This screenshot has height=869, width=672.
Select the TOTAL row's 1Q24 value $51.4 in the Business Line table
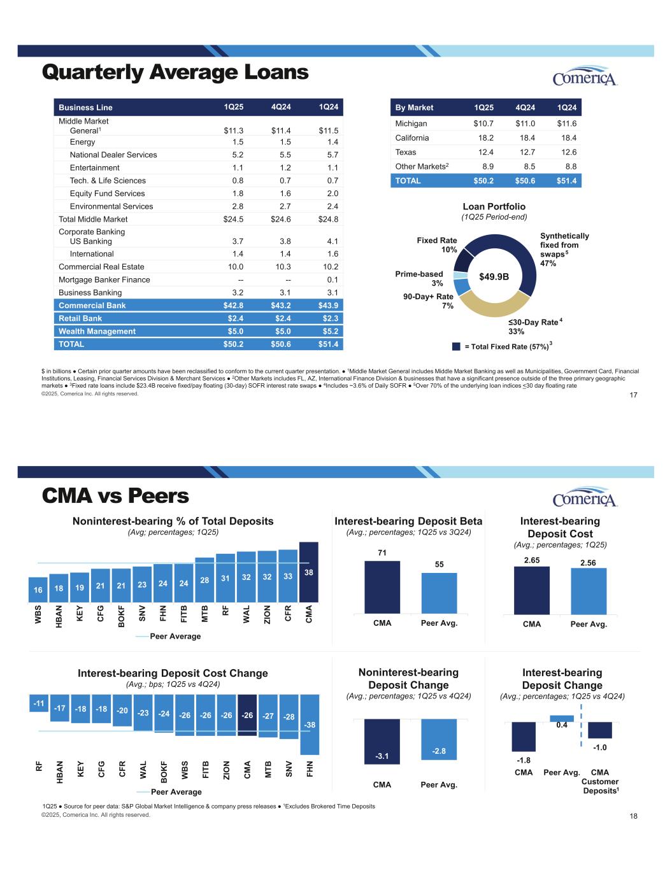coord(328,344)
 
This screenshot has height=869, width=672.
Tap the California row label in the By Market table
coord(412,138)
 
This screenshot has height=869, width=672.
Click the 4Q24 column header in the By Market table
coord(525,108)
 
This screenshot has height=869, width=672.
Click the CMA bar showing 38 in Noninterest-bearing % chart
coord(309,579)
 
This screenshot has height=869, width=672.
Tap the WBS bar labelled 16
coord(38,590)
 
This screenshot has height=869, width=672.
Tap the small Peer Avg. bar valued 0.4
coord(562,719)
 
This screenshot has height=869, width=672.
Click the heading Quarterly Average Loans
coord(175,73)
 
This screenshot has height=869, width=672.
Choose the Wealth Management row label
coord(97,331)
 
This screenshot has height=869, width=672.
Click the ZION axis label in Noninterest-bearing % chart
coord(267,614)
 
